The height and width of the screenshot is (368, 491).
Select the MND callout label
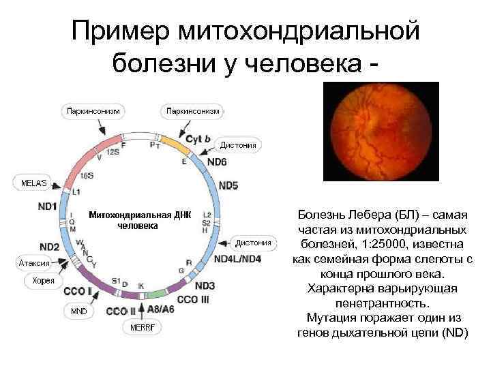[x=80, y=311]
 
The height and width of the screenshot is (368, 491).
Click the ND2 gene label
[x=49, y=246]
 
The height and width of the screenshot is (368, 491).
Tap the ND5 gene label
[x=228, y=185]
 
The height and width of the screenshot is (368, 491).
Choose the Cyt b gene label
[x=198, y=139]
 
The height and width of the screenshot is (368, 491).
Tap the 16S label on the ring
[x=87, y=175]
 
